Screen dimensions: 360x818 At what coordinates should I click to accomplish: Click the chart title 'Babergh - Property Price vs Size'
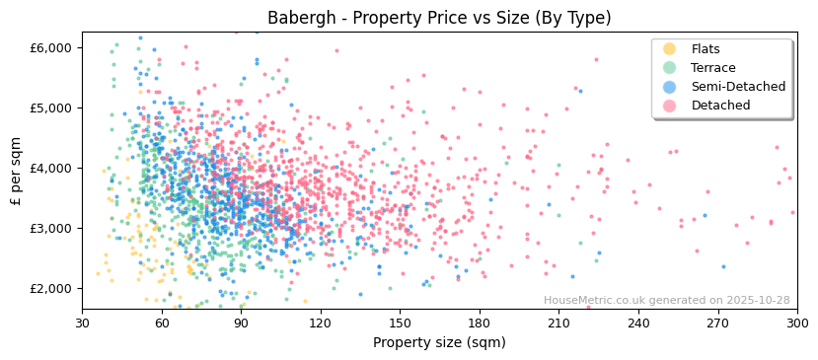tap(439, 18)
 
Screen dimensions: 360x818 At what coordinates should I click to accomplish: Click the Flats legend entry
tap(706, 49)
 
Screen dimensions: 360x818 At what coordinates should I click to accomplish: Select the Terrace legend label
tap(711, 68)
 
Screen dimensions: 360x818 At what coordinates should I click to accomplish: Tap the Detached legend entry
tap(719, 106)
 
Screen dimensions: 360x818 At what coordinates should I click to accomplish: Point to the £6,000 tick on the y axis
tap(51, 47)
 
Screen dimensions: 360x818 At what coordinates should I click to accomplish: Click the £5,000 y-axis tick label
tap(51, 108)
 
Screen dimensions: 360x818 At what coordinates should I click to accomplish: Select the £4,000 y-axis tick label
tap(51, 168)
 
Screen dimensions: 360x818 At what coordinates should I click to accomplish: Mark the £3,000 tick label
tap(51, 228)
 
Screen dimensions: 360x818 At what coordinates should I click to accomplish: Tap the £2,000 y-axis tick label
tap(51, 288)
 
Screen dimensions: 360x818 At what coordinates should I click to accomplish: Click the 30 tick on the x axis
tap(82, 323)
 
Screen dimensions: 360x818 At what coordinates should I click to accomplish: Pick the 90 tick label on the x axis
tap(241, 323)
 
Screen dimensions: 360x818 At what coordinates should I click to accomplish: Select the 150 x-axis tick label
tap(400, 323)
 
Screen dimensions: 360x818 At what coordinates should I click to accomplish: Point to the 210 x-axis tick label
tap(558, 323)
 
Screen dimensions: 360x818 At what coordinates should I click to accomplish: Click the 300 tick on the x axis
tap(796, 323)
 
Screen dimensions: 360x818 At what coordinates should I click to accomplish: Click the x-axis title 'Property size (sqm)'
tap(439, 342)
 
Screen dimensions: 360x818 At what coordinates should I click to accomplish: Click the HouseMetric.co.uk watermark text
tap(666, 301)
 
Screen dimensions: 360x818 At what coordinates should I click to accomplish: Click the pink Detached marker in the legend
tap(670, 106)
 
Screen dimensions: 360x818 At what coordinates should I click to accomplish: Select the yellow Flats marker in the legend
tap(670, 49)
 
